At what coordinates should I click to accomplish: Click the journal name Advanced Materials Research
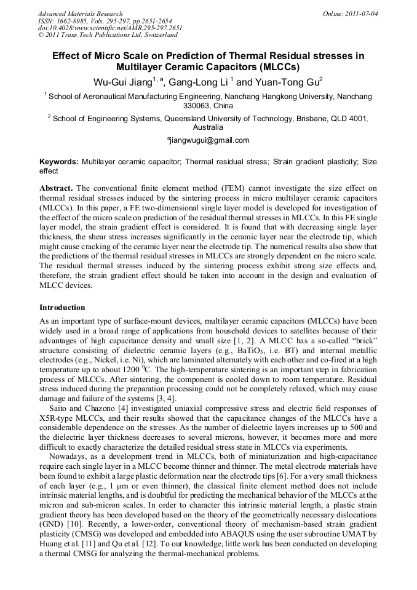click(x=80, y=14)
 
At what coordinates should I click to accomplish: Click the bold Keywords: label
click(x=59, y=162)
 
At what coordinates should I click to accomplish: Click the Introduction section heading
click(x=62, y=307)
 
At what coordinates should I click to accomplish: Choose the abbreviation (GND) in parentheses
click(x=53, y=524)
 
